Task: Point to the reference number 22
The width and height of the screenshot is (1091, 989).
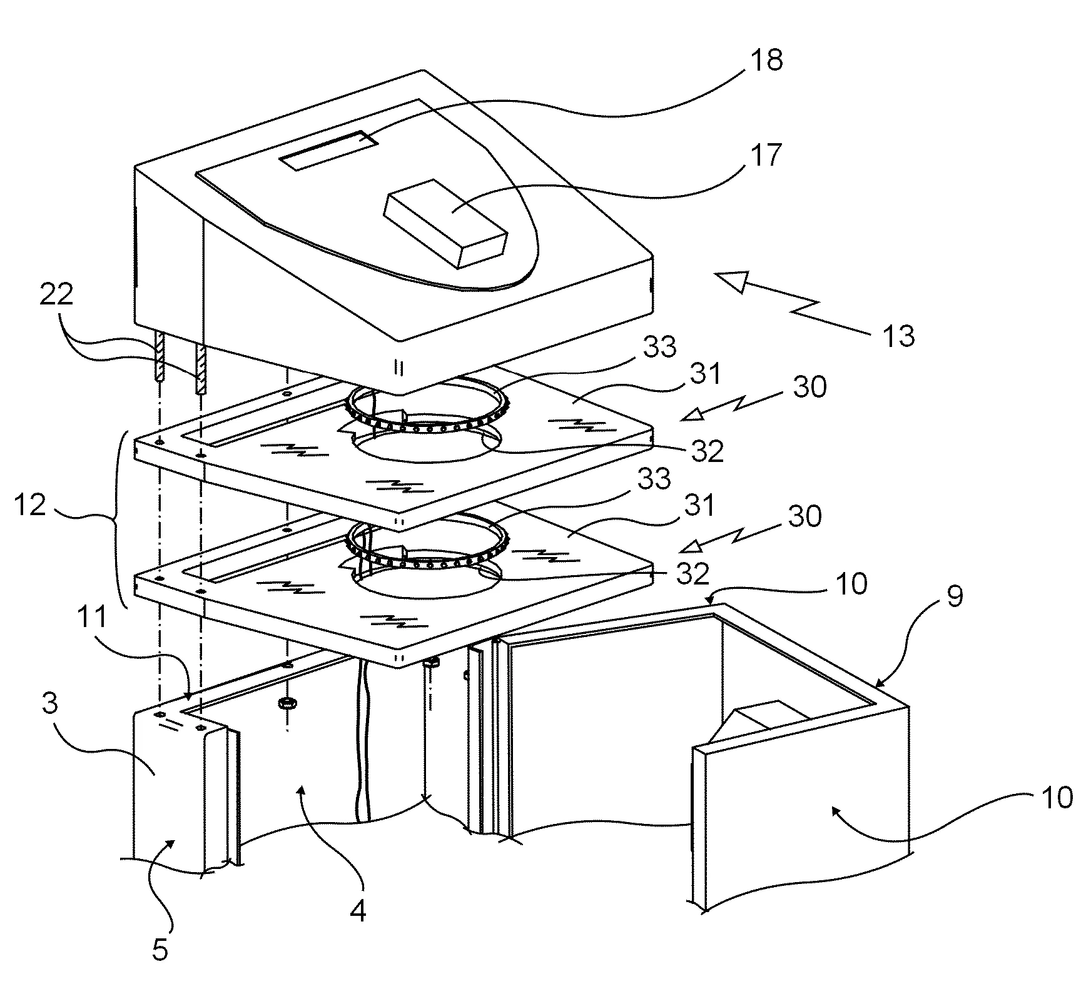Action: click(56, 294)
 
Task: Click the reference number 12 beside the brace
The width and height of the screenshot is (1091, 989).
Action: click(30, 504)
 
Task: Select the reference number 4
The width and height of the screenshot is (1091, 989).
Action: click(358, 913)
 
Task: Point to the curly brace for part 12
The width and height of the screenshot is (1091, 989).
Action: click(119, 519)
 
